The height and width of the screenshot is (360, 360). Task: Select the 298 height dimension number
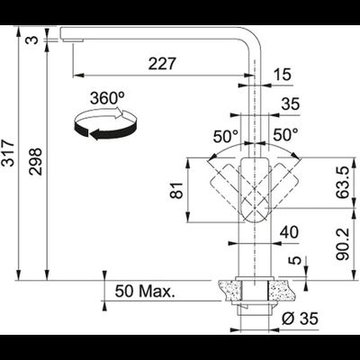(35, 161)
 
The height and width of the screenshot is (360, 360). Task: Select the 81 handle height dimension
(176, 190)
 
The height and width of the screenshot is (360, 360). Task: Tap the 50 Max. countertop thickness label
(145, 291)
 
